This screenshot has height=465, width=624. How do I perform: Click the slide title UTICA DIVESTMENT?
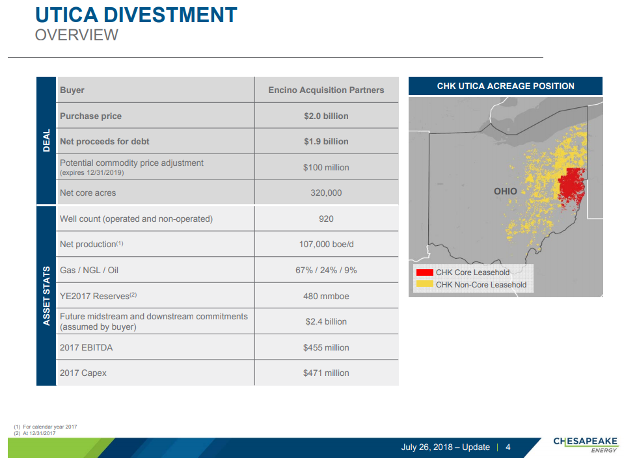point(136,15)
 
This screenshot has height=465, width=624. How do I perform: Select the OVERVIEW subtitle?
point(76,35)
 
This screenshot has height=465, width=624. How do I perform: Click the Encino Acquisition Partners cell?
point(326,90)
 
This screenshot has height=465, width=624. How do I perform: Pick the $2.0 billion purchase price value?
point(326,116)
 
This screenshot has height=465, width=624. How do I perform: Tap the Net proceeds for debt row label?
point(104,142)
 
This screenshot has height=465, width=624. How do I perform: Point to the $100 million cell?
point(326,167)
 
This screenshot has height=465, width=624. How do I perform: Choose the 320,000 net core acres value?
point(326,193)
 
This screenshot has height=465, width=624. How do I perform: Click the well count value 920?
point(326,219)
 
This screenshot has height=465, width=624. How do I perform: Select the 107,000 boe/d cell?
point(326,245)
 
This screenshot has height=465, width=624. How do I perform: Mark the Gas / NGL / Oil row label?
point(89,270)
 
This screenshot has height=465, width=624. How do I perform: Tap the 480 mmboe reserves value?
point(326,297)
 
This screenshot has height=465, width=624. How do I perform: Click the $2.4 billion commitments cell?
point(326,321)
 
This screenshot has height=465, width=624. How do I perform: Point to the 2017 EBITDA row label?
point(87,348)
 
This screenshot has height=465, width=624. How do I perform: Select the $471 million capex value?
point(326,373)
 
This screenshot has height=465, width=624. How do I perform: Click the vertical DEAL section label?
point(47,140)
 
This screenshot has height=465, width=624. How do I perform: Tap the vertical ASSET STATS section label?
point(47,296)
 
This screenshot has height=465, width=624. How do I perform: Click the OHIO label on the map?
point(506,191)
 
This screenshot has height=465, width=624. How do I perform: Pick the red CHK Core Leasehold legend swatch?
point(425,272)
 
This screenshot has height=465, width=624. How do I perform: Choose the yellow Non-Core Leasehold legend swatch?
point(425,284)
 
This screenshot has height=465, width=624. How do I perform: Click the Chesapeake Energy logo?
point(586,445)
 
